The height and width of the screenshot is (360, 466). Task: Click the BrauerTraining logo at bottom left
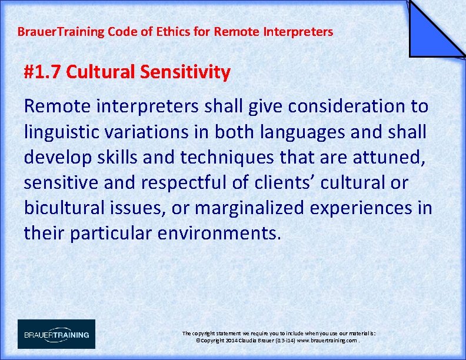point(56,334)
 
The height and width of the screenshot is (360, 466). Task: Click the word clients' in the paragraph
point(285,182)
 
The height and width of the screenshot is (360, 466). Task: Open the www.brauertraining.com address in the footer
point(327,341)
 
